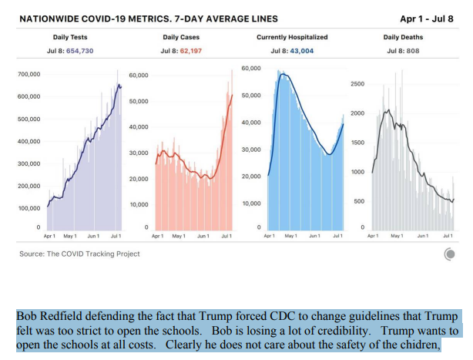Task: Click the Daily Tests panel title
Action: click(x=70, y=37)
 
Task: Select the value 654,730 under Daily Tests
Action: click(x=80, y=51)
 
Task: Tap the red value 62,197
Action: click(x=191, y=51)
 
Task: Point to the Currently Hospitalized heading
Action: click(x=292, y=37)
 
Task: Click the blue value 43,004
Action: click(x=302, y=51)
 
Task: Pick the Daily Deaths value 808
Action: click(x=413, y=51)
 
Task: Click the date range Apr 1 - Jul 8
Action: click(x=427, y=19)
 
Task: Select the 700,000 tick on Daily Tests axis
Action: click(x=29, y=74)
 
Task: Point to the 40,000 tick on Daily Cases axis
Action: click(x=139, y=127)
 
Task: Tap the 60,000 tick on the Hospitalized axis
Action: click(x=251, y=68)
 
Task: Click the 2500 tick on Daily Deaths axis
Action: click(x=357, y=84)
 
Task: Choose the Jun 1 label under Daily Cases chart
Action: click(x=203, y=236)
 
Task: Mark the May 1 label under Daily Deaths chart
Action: click(x=397, y=236)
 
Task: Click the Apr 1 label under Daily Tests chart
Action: click(x=49, y=236)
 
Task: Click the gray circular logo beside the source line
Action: click(x=449, y=254)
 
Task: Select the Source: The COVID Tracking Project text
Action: click(x=79, y=254)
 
